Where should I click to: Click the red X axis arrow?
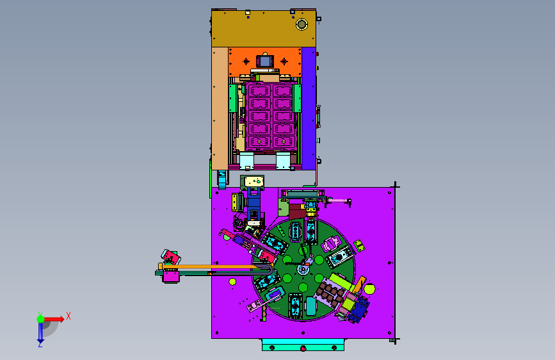coord(53,319)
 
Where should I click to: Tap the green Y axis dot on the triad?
coord(40,319)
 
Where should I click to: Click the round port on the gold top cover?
coord(302,24)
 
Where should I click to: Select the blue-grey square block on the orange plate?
coord(265,61)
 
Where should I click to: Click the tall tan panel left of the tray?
coord(220,108)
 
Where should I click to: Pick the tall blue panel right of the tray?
coord(309,108)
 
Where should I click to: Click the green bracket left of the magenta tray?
coord(232,98)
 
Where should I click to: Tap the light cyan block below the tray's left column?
coord(246,161)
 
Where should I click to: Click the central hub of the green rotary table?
coord(303,268)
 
